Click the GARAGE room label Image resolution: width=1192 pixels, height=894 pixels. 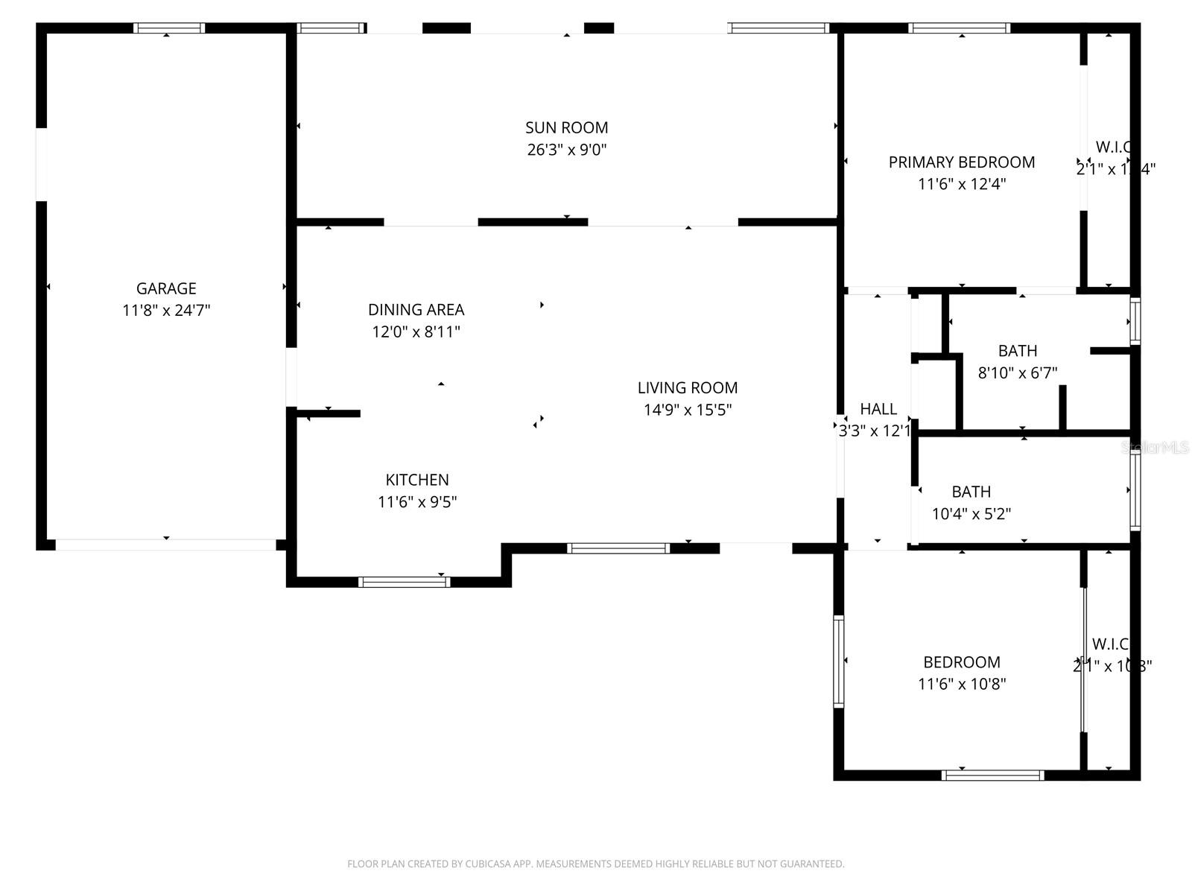click(166, 288)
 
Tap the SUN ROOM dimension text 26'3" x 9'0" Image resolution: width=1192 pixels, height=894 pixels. click(567, 150)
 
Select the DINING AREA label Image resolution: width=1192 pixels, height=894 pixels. click(416, 309)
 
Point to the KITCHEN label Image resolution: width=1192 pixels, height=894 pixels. click(417, 480)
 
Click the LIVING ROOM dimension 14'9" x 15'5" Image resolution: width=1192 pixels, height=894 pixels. click(688, 410)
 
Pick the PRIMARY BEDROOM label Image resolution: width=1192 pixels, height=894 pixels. click(961, 162)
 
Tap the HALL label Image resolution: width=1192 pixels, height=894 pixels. click(878, 408)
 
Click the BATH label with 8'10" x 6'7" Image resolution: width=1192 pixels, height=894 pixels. click(1018, 351)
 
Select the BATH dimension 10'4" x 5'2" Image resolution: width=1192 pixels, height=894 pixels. click(971, 513)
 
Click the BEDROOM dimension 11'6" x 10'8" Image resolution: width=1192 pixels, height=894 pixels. click(962, 684)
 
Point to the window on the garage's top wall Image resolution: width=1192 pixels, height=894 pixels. click(169, 28)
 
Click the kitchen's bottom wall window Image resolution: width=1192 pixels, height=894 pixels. click(404, 582)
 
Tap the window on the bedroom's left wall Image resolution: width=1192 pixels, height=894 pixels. click(838, 662)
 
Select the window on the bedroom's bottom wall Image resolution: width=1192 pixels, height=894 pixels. click(993, 776)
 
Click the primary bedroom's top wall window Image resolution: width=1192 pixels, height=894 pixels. click(960, 28)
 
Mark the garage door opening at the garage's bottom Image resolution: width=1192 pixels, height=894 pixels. click(165, 545)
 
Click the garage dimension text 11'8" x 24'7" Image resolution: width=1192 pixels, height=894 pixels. click(166, 311)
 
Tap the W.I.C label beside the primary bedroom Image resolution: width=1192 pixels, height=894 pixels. click(1113, 147)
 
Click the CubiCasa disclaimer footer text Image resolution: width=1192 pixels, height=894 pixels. click(595, 864)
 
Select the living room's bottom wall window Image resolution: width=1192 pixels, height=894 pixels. click(618, 548)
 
